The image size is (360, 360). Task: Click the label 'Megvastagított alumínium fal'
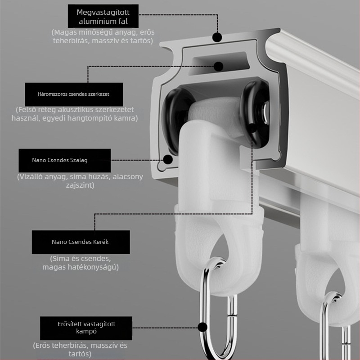[103, 16]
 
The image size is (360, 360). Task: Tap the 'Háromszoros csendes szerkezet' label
[74, 94]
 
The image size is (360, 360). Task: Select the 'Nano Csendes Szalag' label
[64, 160]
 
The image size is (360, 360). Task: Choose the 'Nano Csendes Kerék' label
[81, 242]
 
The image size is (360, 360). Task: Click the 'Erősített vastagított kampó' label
[86, 328]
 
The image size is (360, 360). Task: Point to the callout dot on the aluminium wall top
[217, 37]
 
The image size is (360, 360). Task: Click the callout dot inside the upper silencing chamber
[218, 66]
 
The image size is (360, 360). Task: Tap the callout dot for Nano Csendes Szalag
[168, 159]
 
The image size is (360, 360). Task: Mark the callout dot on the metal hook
[202, 327]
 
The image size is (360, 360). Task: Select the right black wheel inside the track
[254, 112]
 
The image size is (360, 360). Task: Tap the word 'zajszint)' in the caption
[80, 185]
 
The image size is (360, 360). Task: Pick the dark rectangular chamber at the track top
[219, 63]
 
